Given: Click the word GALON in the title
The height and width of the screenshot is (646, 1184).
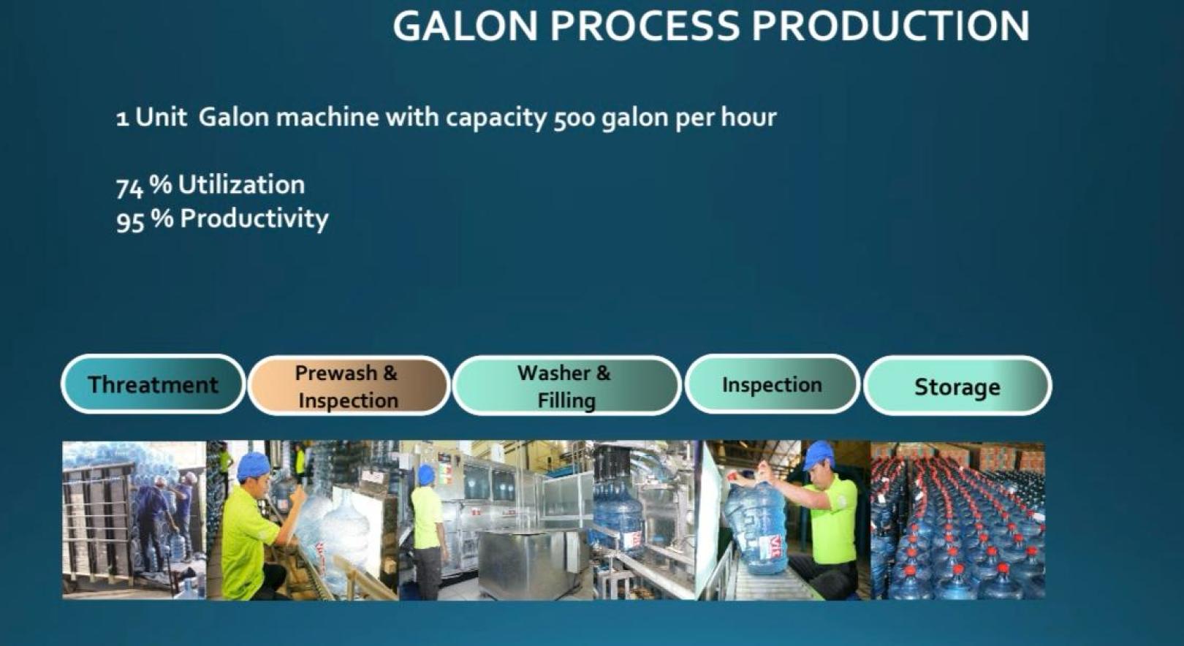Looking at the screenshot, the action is point(465,26).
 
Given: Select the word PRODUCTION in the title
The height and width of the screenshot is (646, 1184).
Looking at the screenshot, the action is point(891,26).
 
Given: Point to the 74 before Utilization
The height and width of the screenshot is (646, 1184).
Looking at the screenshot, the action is point(129,187).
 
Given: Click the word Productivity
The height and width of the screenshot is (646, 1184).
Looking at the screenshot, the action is point(254,219).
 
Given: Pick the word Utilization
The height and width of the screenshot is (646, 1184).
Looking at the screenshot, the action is point(242,185).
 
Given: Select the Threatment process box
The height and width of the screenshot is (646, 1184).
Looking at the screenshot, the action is point(153,384).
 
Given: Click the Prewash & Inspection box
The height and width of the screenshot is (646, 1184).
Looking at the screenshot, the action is point(349,386).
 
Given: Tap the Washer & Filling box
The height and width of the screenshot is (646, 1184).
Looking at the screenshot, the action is point(566,386).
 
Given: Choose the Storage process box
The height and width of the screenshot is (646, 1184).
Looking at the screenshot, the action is point(957,386).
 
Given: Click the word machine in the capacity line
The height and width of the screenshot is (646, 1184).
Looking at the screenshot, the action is point(327,117).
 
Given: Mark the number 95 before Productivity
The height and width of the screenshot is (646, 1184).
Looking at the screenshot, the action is point(130,221).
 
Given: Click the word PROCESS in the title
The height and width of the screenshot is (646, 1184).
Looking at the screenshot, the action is point(645,26).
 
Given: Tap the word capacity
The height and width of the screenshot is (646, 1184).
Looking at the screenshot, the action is point(496,118).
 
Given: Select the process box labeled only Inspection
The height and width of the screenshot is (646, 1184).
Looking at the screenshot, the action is point(772,384).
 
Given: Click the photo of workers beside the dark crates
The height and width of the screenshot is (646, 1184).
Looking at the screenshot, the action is point(134,520).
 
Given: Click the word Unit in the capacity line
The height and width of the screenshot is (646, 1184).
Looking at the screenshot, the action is point(162,117).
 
